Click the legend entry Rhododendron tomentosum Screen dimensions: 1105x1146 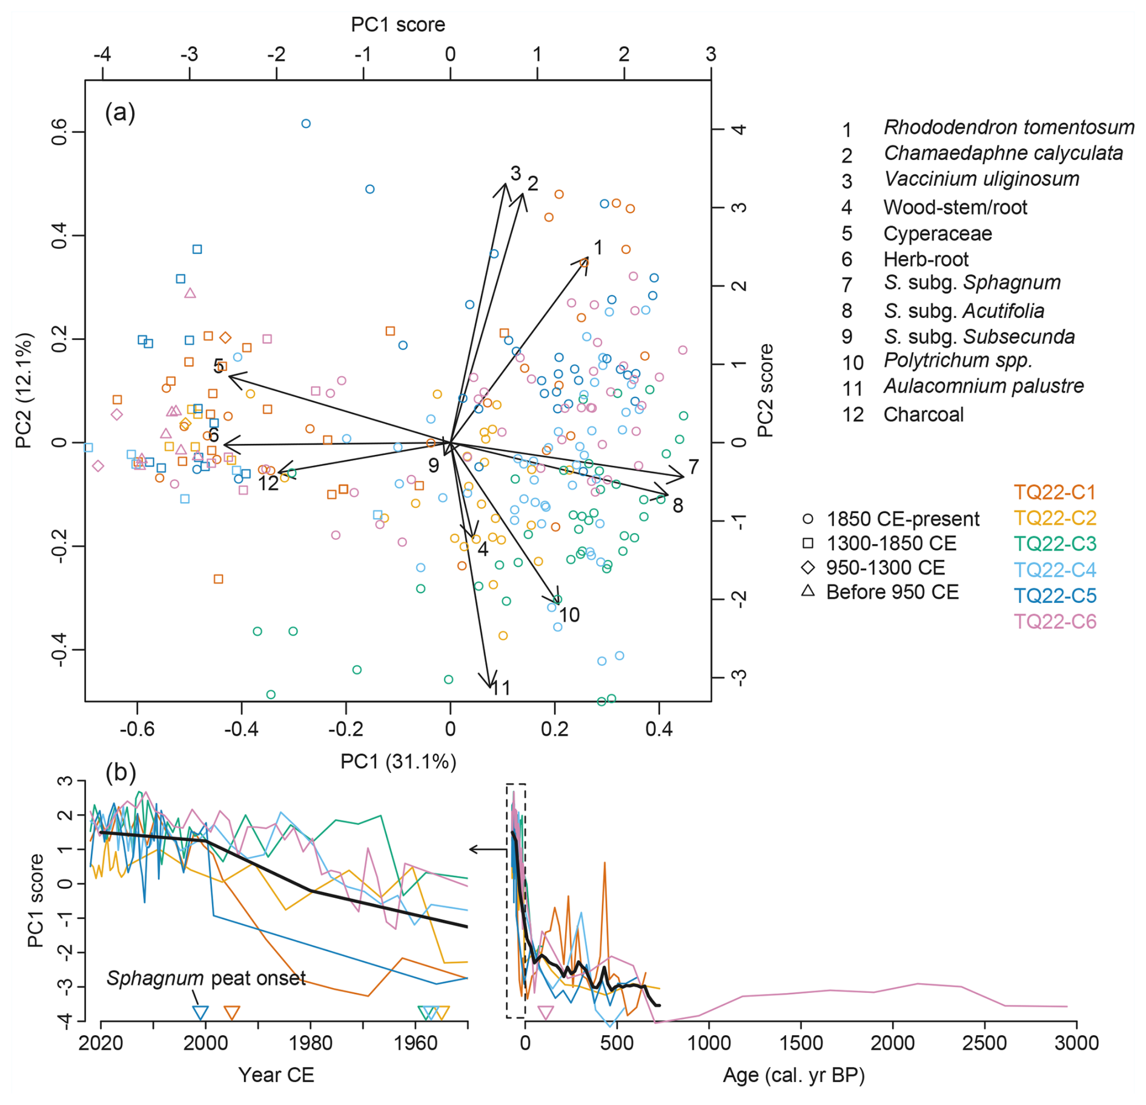pyautogui.click(x=1008, y=127)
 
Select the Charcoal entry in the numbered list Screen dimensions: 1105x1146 pyautogui.click(x=923, y=414)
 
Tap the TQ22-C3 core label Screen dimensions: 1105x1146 pyautogui.click(x=1055, y=543)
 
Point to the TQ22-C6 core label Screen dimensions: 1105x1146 pyautogui.click(x=1055, y=622)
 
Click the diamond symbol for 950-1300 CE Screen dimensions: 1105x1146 pyautogui.click(x=808, y=568)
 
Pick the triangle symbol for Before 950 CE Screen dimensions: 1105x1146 pyautogui.click(x=808, y=591)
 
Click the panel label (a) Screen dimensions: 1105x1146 pyautogui.click(x=120, y=112)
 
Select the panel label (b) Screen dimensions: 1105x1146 pyautogui.click(x=120, y=772)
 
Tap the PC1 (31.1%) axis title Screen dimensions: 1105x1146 pyautogui.click(x=398, y=761)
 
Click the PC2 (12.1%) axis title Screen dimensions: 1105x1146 pyautogui.click(x=24, y=390)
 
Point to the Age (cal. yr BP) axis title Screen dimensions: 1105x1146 pyautogui.click(x=793, y=1075)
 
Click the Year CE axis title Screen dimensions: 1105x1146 pyautogui.click(x=276, y=1075)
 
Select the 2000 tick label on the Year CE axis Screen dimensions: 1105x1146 pyautogui.click(x=205, y=1043)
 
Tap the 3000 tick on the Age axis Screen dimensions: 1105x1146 pyautogui.click(x=1076, y=1043)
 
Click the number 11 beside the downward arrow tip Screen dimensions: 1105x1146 pyautogui.click(x=500, y=688)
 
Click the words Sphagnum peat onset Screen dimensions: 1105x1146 pyautogui.click(x=206, y=978)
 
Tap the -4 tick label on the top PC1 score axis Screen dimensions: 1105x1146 pyautogui.click(x=102, y=54)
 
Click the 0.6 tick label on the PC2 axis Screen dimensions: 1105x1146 pyautogui.click(x=59, y=131)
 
